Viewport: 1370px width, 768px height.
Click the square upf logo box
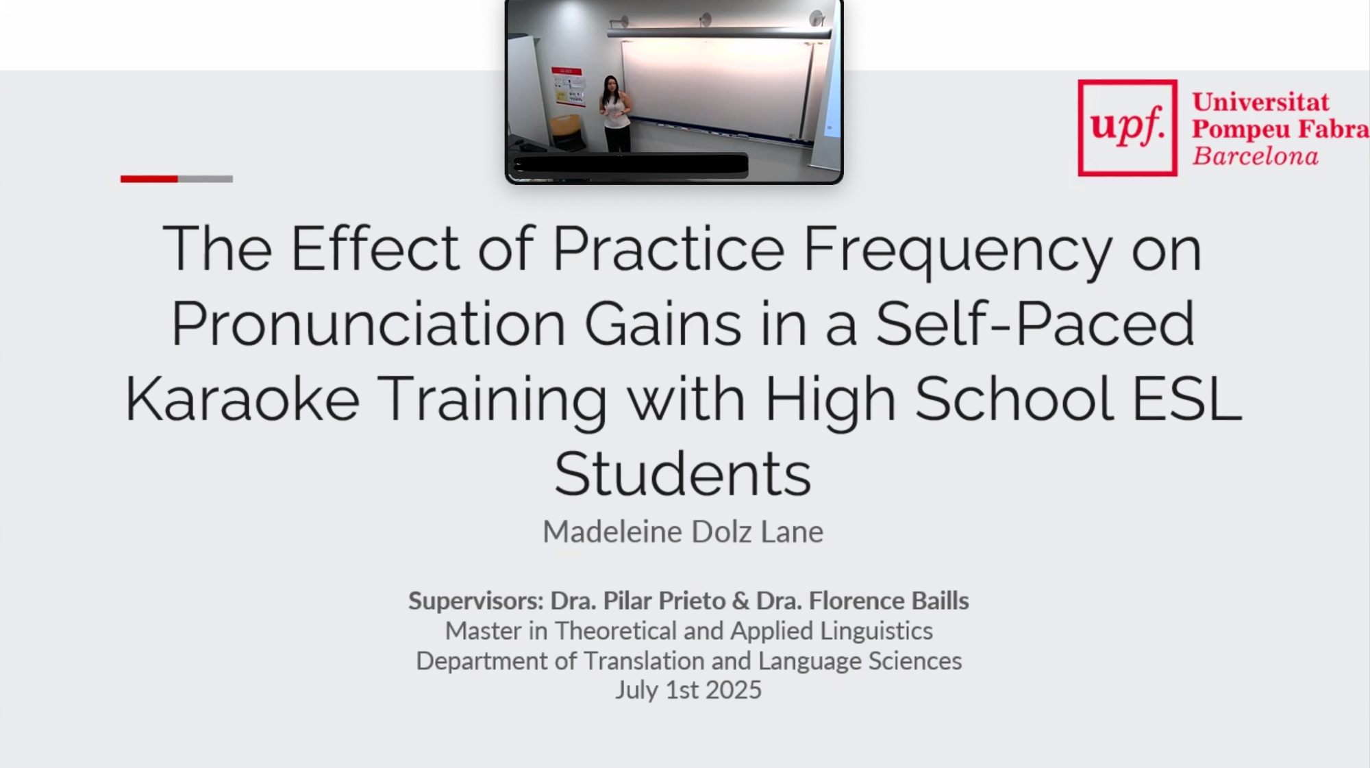1128,128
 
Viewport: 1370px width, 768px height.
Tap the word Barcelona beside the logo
1255,156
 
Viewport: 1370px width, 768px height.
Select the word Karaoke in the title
242,399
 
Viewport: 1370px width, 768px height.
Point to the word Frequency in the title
957,251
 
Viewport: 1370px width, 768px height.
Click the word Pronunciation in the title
369,323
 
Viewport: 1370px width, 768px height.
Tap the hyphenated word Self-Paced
1035,323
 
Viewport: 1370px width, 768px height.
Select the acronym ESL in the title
1187,399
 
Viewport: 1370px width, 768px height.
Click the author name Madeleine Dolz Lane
683,532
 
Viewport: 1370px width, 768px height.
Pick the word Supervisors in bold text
476,601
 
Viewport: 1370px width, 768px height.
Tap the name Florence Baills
888,601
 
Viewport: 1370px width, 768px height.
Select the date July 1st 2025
688,690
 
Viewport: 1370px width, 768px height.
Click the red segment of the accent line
149,179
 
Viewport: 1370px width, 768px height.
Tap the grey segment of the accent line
206,179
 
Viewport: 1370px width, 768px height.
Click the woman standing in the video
614,113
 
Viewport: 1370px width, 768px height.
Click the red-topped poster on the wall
569,86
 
